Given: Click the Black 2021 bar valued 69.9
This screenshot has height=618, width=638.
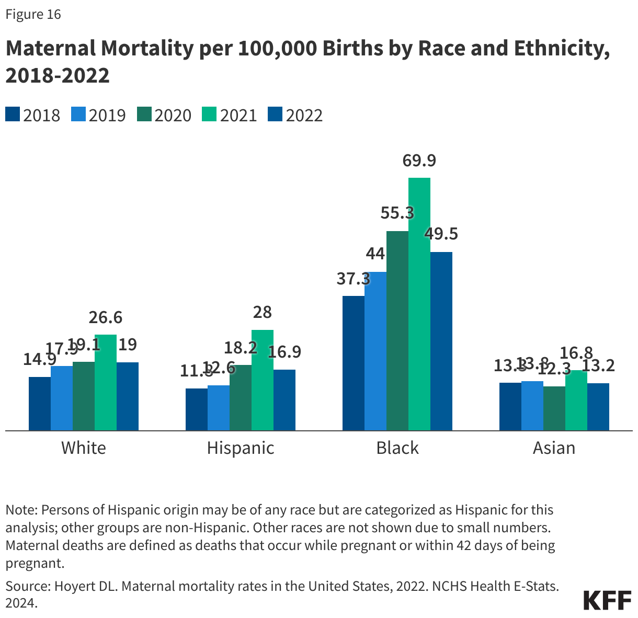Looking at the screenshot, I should click(x=419, y=304).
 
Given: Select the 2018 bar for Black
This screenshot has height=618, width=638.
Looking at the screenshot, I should click(x=353, y=363).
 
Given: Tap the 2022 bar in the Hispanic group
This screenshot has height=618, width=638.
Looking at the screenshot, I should click(x=284, y=400).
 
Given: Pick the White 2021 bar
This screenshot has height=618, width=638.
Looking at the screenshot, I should click(x=105, y=383).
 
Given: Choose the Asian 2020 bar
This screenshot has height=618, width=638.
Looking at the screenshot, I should click(x=554, y=408).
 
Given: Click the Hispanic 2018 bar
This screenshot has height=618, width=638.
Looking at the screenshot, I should click(x=196, y=409).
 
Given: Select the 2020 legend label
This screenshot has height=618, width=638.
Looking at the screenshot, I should click(x=173, y=115).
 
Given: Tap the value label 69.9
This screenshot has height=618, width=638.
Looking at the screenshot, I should click(x=419, y=161).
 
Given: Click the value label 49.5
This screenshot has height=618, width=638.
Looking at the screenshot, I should click(x=441, y=234).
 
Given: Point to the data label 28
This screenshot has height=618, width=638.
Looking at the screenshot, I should click(x=262, y=312).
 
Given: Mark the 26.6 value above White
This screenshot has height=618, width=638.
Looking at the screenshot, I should click(x=105, y=317).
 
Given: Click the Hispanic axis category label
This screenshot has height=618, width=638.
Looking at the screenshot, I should click(x=241, y=448).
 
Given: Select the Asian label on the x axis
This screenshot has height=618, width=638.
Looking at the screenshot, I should click(x=554, y=448).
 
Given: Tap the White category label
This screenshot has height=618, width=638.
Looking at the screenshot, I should click(x=84, y=448).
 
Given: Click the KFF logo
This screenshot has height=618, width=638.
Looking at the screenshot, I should click(x=607, y=600).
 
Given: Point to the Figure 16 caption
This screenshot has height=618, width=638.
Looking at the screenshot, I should click(x=33, y=14).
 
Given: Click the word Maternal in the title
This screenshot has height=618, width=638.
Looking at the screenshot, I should click(x=50, y=48).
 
